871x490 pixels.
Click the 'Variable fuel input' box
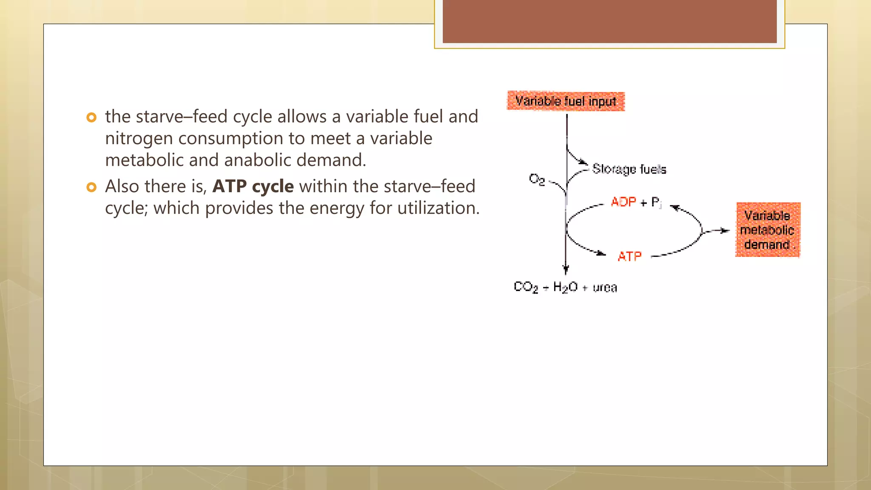tap(566, 101)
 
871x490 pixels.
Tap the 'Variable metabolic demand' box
tap(768, 230)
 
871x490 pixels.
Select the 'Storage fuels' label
tap(629, 169)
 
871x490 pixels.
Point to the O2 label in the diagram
tap(537, 179)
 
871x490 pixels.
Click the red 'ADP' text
tap(623, 202)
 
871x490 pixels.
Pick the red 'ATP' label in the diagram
tap(629, 256)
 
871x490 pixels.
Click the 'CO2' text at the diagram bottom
tap(526, 287)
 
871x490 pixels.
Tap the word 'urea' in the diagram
tap(605, 288)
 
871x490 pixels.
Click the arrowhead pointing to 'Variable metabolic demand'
tap(725, 231)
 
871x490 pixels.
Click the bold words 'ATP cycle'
tap(253, 186)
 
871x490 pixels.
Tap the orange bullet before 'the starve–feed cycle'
tap(91, 117)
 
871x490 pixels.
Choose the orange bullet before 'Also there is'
tap(91, 187)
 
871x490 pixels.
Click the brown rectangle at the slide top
tap(609, 21)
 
